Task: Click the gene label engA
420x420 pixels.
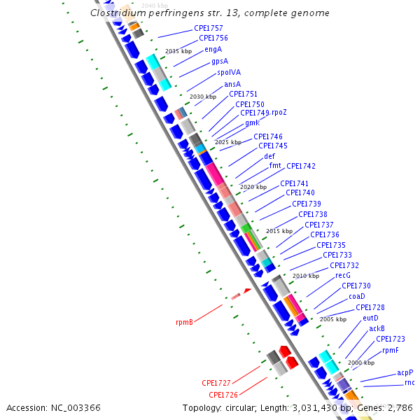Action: [x=213, y=50]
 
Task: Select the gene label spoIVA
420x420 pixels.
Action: [x=229, y=72]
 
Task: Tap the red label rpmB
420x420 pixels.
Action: [x=184, y=323]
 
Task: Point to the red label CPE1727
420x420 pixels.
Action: [x=216, y=383]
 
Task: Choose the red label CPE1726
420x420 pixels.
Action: [x=223, y=395]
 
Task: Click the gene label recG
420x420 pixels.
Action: [x=342, y=276]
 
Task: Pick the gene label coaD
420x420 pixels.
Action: [x=356, y=296]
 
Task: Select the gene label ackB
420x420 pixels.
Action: [x=377, y=328]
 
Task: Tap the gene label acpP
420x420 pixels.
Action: [x=405, y=372]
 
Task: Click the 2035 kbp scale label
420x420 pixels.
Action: [x=178, y=51]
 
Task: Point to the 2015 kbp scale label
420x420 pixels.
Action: [x=279, y=231]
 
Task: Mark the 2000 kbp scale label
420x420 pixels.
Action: [x=360, y=363]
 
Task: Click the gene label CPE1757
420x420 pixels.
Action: [x=209, y=28]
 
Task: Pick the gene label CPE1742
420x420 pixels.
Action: [x=301, y=167]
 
